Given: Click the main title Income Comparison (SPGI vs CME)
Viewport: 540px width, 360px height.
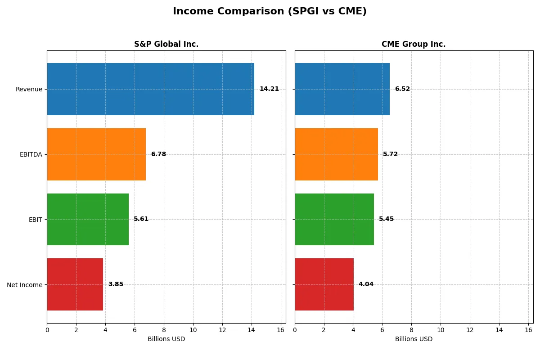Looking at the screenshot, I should coord(270,12).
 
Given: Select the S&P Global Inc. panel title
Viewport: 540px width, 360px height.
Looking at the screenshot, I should coord(166,44).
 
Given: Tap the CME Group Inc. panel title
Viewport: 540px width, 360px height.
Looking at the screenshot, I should coord(413,44).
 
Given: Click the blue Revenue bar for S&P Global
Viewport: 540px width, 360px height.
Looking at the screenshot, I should coord(150,89).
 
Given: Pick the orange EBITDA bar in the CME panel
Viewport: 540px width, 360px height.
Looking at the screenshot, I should coord(336,154).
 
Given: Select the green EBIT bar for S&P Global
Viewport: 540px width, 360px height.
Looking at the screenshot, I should coord(88,219).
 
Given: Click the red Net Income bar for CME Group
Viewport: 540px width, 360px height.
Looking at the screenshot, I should coord(324,284).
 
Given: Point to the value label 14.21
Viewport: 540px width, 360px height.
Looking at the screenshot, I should coord(269,89).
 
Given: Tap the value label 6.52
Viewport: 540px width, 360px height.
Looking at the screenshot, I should coord(402,89).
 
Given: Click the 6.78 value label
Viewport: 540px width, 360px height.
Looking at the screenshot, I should coord(158,154).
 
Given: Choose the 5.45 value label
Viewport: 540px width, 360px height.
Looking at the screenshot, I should coord(386,219).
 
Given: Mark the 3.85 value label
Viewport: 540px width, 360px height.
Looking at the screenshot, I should coord(116,284).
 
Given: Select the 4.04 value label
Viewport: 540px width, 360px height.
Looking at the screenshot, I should coord(366,284).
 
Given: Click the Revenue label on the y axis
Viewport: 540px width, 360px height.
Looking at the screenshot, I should coord(29,89).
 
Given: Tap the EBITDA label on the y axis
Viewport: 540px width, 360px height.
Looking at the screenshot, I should coord(31,154).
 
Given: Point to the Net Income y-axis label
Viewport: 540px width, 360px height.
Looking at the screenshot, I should coord(24,285).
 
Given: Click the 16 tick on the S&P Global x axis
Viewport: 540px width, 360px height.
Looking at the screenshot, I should coord(281,330).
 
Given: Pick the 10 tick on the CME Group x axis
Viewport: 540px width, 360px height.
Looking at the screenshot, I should coord(441,330).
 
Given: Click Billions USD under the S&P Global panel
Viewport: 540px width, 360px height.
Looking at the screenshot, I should coord(166,339).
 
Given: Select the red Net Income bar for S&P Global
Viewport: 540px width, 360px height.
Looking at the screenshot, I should coord(75,284).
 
